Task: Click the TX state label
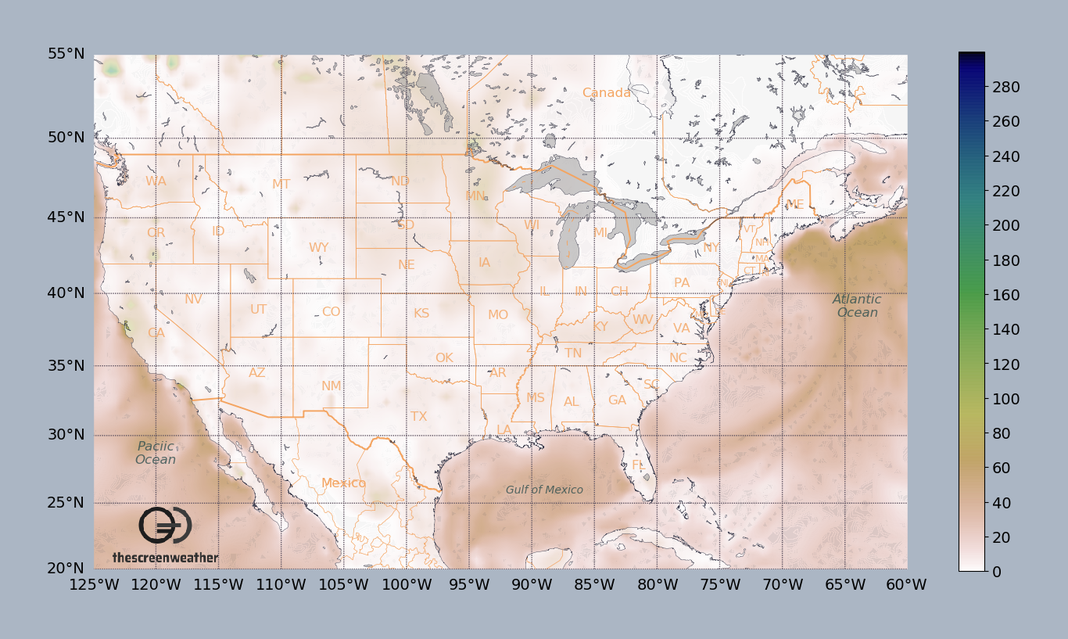(x=419, y=416)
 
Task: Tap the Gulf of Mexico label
(x=544, y=490)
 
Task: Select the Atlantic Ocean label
(x=857, y=306)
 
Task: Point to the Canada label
(x=607, y=93)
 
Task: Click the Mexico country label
(x=344, y=483)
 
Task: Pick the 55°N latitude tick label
(x=66, y=54)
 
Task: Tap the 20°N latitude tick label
(x=66, y=569)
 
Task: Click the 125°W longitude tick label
(x=94, y=585)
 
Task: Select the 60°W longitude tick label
(x=906, y=585)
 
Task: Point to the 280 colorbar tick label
(x=983, y=87)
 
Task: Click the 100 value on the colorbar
(x=983, y=399)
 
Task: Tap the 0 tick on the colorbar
(x=975, y=572)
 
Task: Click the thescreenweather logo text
(x=165, y=558)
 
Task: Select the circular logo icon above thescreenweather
(x=165, y=526)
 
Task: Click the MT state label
(x=281, y=185)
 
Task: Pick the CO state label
(x=332, y=312)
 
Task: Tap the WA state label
(x=156, y=181)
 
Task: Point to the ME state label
(x=795, y=204)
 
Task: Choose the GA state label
(x=618, y=400)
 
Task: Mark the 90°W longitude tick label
(x=532, y=585)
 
